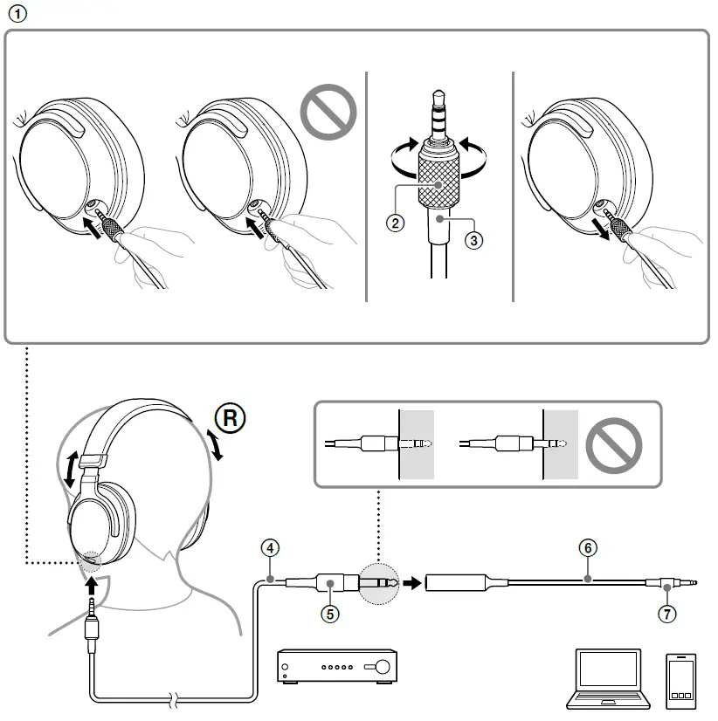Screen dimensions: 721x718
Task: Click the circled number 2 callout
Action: (x=396, y=223)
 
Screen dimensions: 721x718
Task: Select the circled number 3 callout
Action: (x=474, y=240)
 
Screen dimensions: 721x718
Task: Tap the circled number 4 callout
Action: (x=271, y=549)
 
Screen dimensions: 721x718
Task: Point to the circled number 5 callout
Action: (x=329, y=614)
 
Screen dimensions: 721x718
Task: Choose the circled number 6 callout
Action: (x=588, y=549)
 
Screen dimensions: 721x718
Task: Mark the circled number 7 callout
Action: (x=667, y=614)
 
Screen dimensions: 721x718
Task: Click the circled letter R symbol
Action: (x=231, y=418)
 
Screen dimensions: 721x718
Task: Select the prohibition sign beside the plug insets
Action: (x=613, y=446)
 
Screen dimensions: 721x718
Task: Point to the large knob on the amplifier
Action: (x=382, y=668)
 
